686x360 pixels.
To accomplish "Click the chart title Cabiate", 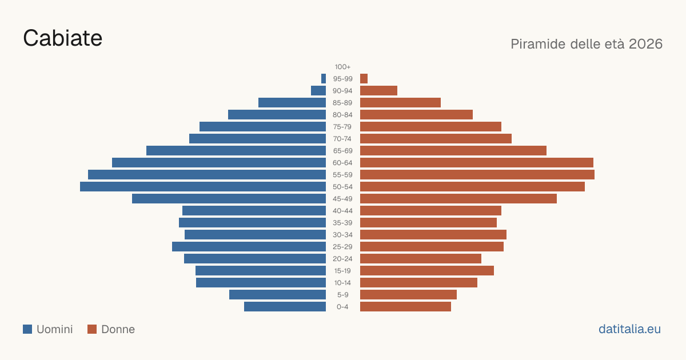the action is pyautogui.click(x=62, y=38).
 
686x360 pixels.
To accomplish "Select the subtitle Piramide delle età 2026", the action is pyautogui.click(x=587, y=44).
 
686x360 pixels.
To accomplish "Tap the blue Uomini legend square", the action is pyautogui.click(x=27, y=329).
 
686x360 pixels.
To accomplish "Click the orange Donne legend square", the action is pyautogui.click(x=92, y=329).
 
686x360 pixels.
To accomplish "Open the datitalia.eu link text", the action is pyautogui.click(x=629, y=329).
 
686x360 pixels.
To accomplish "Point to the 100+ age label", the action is pyautogui.click(x=342, y=67).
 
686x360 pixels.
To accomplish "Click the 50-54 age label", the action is pyautogui.click(x=342, y=187).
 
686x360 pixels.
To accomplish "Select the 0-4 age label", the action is pyautogui.click(x=342, y=307).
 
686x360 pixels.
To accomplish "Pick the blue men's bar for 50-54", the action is pyautogui.click(x=203, y=187).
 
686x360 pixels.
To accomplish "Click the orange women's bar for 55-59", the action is pyautogui.click(x=477, y=175).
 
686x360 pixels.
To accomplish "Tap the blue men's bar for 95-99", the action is pyautogui.click(x=324, y=79).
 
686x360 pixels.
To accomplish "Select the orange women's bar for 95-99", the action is pyautogui.click(x=364, y=79).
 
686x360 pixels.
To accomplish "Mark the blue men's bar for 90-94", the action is pyautogui.click(x=318, y=91).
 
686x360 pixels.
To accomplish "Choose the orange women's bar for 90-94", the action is pyautogui.click(x=378, y=91).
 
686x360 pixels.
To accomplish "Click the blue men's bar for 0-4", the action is pyautogui.click(x=285, y=307).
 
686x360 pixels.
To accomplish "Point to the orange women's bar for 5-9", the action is pyautogui.click(x=408, y=295).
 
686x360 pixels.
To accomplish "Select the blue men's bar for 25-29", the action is pyautogui.click(x=249, y=247).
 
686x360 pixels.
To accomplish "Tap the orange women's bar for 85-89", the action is pyautogui.click(x=400, y=102).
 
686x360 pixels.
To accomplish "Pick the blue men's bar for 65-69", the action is pyautogui.click(x=236, y=151).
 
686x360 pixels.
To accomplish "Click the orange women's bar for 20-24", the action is pyautogui.click(x=421, y=259).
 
